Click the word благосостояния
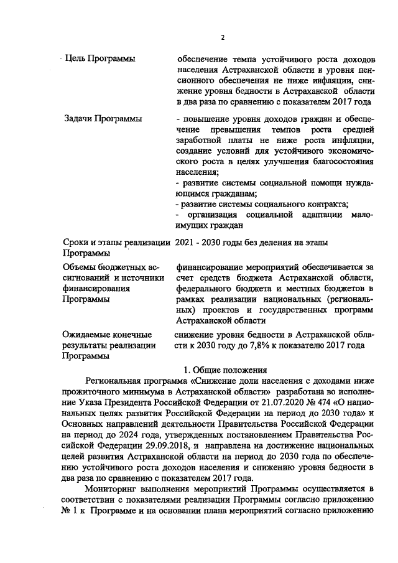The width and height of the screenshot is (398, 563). [338, 161]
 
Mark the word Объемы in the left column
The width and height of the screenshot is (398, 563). [80, 267]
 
